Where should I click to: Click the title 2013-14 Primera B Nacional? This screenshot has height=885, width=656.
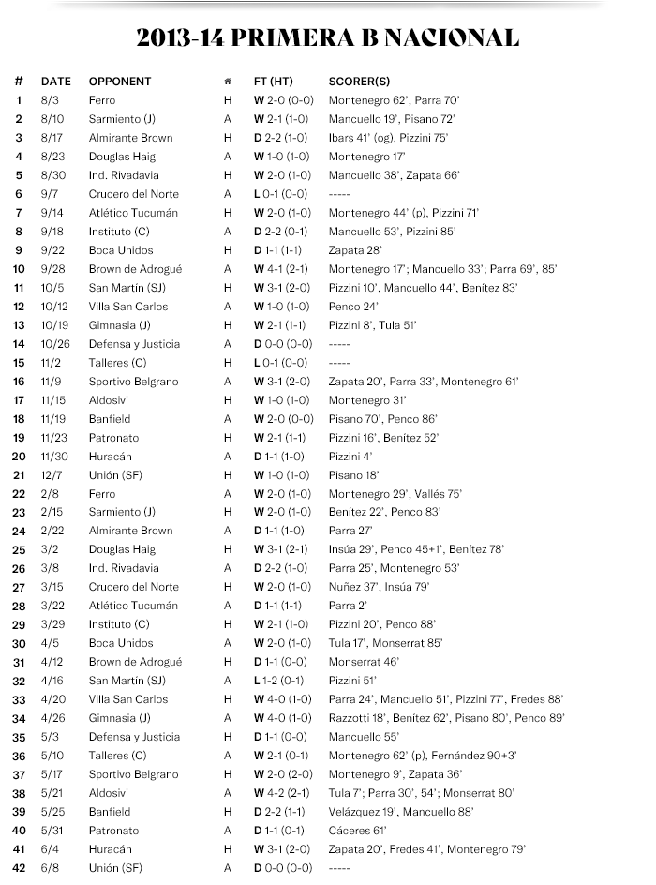click(x=327, y=38)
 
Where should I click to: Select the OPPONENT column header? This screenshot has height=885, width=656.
click(x=119, y=82)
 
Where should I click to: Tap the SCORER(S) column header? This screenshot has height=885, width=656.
click(x=359, y=82)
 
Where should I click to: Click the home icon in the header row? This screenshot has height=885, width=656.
click(x=227, y=82)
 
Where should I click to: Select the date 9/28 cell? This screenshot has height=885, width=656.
click(x=54, y=269)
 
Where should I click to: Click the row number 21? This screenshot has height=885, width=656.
click(x=19, y=475)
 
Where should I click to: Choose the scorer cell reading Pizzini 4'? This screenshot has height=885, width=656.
click(x=345, y=457)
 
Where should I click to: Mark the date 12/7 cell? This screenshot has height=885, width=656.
click(x=51, y=475)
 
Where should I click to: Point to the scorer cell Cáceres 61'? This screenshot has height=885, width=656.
click(x=357, y=831)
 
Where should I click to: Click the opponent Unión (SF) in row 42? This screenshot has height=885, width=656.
click(x=116, y=868)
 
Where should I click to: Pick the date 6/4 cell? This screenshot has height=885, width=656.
click(x=49, y=849)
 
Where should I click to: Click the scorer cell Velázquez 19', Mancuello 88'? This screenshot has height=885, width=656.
click(x=401, y=812)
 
